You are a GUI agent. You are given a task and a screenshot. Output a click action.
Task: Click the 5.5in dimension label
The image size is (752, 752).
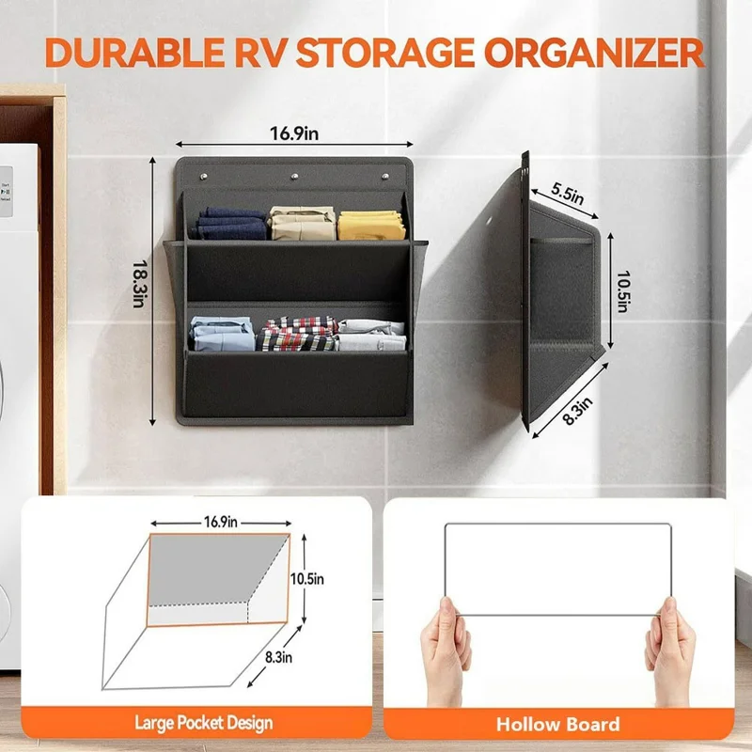(x=566, y=196)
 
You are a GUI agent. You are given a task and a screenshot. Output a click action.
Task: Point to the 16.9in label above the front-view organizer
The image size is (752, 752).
(x=295, y=134)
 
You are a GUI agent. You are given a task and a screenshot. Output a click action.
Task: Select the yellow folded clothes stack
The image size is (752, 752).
(x=370, y=225)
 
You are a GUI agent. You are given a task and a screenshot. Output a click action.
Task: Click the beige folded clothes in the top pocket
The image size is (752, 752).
(x=302, y=223)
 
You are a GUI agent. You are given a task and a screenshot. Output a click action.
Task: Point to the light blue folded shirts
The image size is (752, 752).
(x=222, y=335)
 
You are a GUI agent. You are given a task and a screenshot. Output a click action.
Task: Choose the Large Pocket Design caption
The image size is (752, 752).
(x=203, y=722)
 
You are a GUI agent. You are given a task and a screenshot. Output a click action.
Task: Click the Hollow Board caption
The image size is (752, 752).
(x=558, y=723)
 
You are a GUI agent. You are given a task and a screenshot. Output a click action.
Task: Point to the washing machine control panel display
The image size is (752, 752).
(x=6, y=188)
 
